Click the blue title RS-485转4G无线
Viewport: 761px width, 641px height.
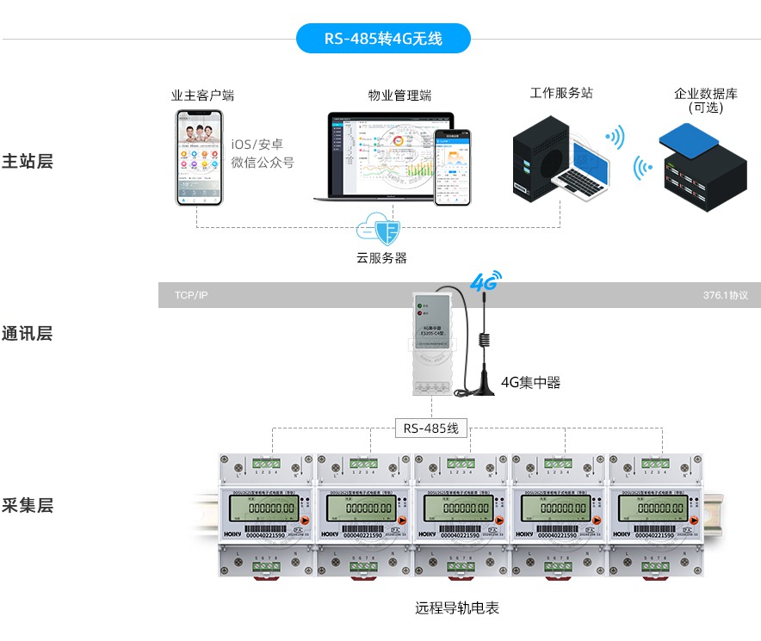(x=383, y=39)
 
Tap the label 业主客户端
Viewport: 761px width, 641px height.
(x=202, y=96)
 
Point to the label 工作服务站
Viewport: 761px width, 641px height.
(x=560, y=93)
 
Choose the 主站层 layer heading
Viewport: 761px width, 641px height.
(x=28, y=161)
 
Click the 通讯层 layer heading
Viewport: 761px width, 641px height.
(x=28, y=334)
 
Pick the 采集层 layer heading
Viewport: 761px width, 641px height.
(x=28, y=505)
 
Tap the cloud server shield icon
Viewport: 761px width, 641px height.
(x=382, y=230)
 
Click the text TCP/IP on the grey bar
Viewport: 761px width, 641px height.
(x=191, y=295)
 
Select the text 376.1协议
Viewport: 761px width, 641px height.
(x=725, y=295)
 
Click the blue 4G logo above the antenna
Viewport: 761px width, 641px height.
(x=485, y=281)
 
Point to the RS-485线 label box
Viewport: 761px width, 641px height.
(x=432, y=428)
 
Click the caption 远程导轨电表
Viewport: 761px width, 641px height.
(x=457, y=608)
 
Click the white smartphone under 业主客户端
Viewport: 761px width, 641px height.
(x=200, y=157)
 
